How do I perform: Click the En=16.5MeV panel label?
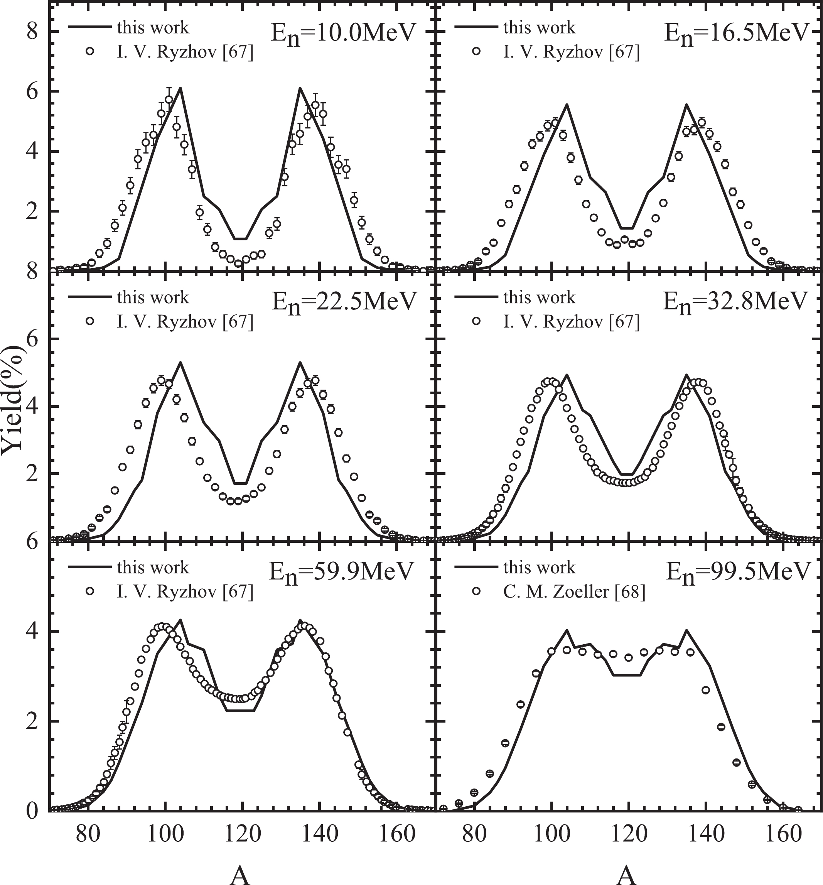[735, 34]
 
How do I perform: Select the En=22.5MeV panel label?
[344, 303]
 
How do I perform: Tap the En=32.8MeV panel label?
[735, 303]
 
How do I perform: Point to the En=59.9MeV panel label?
[341, 573]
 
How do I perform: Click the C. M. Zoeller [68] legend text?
[574, 592]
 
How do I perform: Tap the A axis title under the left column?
[240, 875]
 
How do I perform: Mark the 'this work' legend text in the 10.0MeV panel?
[153, 28]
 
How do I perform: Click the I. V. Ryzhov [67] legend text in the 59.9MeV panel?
[185, 592]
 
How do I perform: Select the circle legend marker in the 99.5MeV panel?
[476, 591]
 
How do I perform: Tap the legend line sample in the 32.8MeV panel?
[476, 297]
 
